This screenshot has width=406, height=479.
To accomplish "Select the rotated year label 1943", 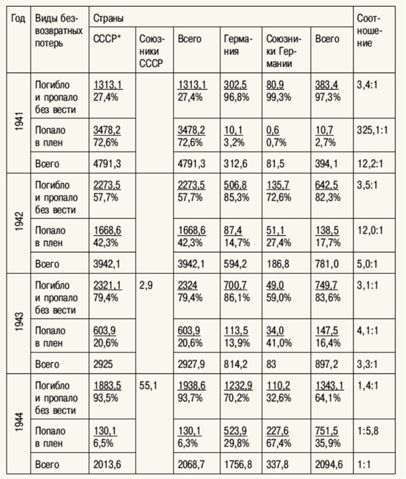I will (x=19, y=323).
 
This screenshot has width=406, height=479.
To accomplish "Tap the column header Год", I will (x=18, y=18).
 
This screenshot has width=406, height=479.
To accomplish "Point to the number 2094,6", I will (x=328, y=465).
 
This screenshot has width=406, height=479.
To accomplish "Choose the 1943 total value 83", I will (x=273, y=364).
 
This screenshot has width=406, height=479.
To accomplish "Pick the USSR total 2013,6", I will (x=107, y=465).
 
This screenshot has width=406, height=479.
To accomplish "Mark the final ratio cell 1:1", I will (x=364, y=465).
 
